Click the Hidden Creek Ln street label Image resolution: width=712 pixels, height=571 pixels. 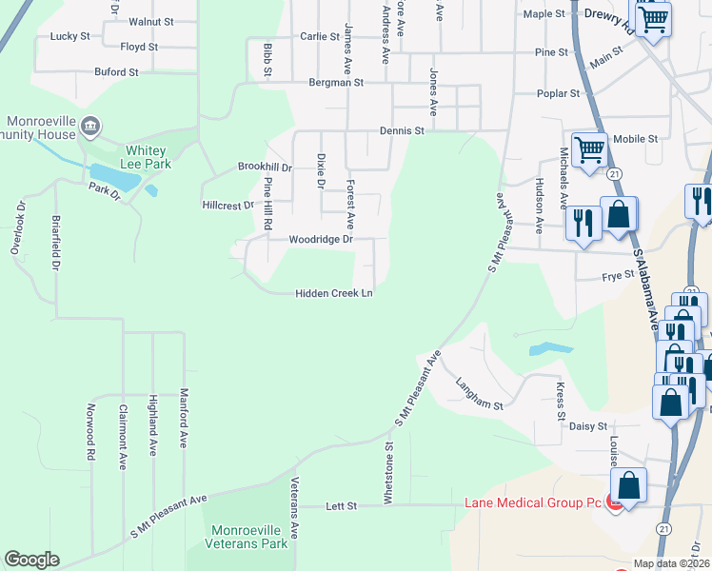pyautogui.click(x=333, y=294)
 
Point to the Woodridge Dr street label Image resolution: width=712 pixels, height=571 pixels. pyautogui.click(x=321, y=240)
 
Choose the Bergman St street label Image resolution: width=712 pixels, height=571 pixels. pyautogui.click(x=336, y=84)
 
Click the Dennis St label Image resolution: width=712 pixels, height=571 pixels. pyautogui.click(x=401, y=130)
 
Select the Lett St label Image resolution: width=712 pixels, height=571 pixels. pyautogui.click(x=341, y=506)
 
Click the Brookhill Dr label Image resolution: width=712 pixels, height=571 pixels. pyautogui.click(x=264, y=167)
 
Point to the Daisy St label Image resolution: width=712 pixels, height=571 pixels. pyautogui.click(x=587, y=427)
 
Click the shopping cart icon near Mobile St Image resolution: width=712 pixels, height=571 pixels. pyautogui.click(x=590, y=149)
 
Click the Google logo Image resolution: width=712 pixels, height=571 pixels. pyautogui.click(x=31, y=560)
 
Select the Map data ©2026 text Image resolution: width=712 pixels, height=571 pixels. pyautogui.click(x=670, y=563)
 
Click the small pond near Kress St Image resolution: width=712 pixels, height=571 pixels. pyautogui.click(x=551, y=349)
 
